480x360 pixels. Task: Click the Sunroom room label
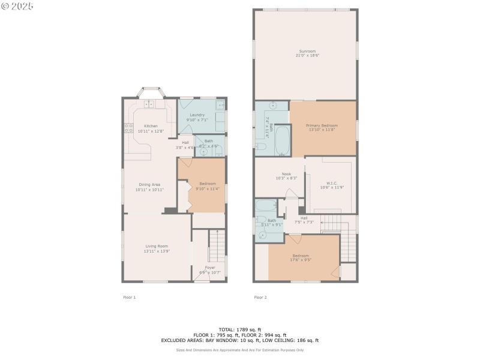pyautogui.click(x=307, y=51)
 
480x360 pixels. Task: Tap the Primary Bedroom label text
pyautogui.click(x=322, y=125)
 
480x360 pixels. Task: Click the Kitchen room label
pyautogui.click(x=151, y=126)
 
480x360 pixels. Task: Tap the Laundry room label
pyautogui.click(x=197, y=115)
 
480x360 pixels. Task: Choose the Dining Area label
pyautogui.click(x=149, y=185)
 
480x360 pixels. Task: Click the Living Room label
pyautogui.click(x=157, y=246)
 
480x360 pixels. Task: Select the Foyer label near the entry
pyautogui.click(x=210, y=268)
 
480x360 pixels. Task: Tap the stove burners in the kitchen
pyautogui.click(x=128, y=127)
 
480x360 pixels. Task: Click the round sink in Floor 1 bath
pyautogui.click(x=203, y=151)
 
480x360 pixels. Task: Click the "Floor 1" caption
pyautogui.click(x=130, y=297)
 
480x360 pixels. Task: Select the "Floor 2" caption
pyautogui.click(x=260, y=297)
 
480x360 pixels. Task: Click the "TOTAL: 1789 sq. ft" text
pyautogui.click(x=239, y=329)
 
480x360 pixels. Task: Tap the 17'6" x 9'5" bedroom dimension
pyautogui.click(x=301, y=260)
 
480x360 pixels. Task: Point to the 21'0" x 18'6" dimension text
pyautogui.click(x=307, y=56)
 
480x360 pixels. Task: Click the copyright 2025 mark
pyautogui.click(x=17, y=6)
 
